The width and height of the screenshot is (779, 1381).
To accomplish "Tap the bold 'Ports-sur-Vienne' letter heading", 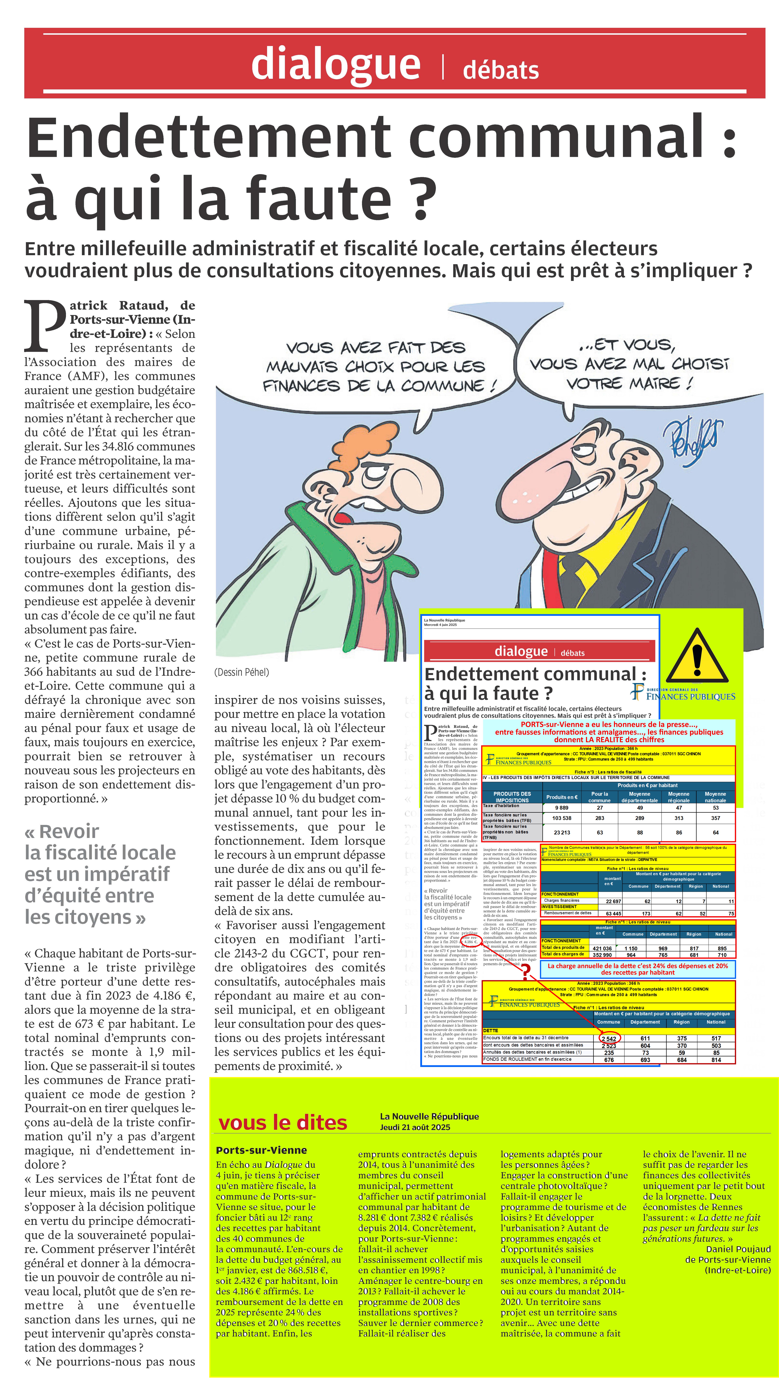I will point(261,1150).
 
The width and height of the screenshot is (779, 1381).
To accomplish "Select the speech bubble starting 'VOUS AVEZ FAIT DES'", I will point(376,367).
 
